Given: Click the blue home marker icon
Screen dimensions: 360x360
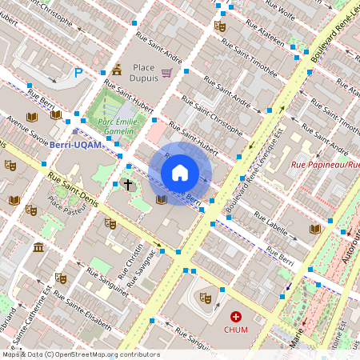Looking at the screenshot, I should (180, 173).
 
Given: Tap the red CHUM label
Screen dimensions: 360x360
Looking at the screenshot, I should (236, 329).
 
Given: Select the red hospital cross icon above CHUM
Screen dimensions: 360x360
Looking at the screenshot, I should (236, 317).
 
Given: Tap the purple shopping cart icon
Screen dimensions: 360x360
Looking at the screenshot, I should (166, 73).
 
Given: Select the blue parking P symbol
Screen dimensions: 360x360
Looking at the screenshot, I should (78, 73).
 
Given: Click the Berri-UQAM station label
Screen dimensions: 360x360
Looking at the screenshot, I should (74, 145).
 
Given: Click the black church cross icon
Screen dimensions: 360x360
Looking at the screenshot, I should (128, 184).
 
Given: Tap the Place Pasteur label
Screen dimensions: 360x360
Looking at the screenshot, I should (66, 209).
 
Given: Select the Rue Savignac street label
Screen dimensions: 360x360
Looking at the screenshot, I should (142, 265).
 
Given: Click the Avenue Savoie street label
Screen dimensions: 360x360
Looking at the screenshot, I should (28, 131).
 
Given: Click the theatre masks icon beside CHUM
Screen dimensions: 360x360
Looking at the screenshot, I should (205, 297).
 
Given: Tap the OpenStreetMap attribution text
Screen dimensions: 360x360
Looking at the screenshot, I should (80, 354).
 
